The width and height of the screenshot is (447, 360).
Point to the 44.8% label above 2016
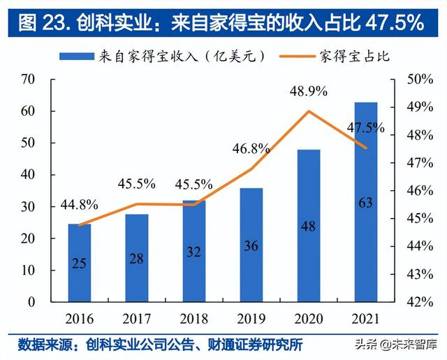pos(79,205)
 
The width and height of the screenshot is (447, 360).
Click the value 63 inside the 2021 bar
pos(366,203)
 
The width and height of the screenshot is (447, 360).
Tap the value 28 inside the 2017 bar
pos(137,259)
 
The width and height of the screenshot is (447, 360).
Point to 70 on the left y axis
pos(28,79)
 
